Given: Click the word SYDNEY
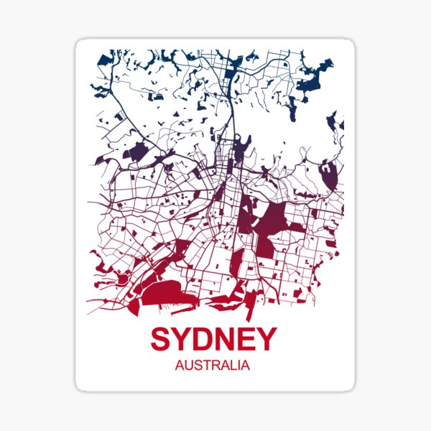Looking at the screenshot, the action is coord(213,339).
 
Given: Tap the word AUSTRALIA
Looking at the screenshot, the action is coord(213,365).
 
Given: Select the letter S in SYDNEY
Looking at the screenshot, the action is coord(162,339).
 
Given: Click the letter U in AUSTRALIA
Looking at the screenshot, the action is coord(188,365).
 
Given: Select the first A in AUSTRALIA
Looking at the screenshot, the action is coord(180,365).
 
